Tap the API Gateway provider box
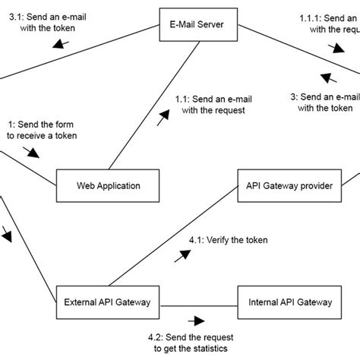point(289,185)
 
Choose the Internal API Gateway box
point(289,302)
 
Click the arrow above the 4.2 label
point(199,320)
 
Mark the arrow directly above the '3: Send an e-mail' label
point(329,78)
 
